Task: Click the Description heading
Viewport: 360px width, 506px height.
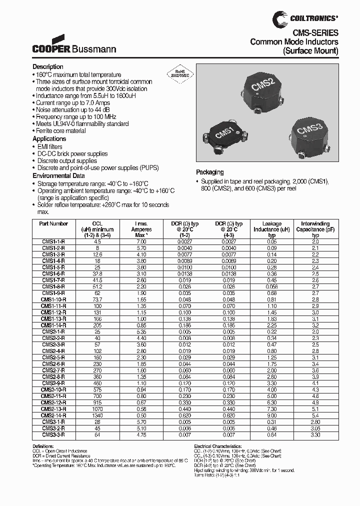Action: (x=48, y=67)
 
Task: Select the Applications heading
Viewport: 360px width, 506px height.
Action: (x=49, y=139)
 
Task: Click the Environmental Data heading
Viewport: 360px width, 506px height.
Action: (x=58, y=176)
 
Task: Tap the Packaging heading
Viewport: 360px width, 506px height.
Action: (x=210, y=172)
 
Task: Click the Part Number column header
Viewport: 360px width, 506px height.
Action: (x=53, y=223)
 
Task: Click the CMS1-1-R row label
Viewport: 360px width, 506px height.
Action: (x=53, y=241)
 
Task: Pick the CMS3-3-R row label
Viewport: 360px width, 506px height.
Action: (x=53, y=435)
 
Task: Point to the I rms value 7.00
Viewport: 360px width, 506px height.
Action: (x=141, y=241)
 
